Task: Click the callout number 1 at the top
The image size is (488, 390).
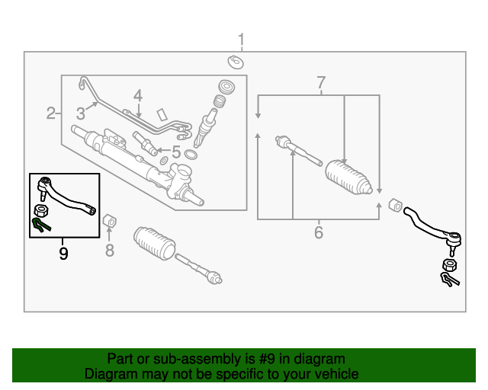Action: (x=242, y=40)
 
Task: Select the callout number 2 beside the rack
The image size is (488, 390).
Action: (x=50, y=114)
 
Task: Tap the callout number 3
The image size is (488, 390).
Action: (x=80, y=114)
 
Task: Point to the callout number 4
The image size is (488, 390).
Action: (x=137, y=96)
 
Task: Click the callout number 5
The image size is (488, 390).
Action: (x=175, y=152)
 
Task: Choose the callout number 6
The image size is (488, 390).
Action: (x=319, y=232)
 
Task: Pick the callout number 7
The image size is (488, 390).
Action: (x=321, y=82)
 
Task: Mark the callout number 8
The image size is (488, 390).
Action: (x=109, y=250)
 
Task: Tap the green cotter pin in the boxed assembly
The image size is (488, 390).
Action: (x=41, y=224)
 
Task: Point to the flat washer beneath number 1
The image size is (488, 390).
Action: (x=236, y=61)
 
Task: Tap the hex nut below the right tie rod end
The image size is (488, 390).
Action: (x=449, y=266)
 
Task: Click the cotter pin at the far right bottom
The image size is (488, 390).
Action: (x=450, y=280)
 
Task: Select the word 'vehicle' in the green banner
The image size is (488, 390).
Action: (x=333, y=374)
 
